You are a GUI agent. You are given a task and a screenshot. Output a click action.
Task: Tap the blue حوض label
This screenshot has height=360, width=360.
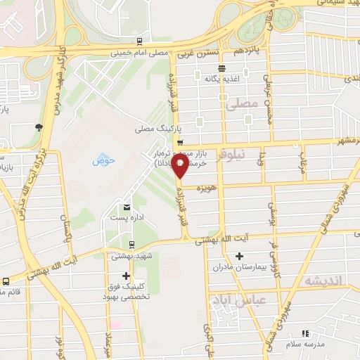[x=104, y=161]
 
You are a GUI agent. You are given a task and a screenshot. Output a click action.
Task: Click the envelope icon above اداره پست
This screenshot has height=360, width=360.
[x=127, y=207]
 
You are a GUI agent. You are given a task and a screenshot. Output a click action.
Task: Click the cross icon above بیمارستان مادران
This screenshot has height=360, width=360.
[x=239, y=255]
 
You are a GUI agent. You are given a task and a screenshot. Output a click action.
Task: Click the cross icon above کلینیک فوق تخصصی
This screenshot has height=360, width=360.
[x=127, y=275]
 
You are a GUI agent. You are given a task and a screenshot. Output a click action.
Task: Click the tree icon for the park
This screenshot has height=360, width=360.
[x=38, y=127]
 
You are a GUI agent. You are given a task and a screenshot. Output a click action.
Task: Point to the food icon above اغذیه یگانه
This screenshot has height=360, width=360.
[x=222, y=68]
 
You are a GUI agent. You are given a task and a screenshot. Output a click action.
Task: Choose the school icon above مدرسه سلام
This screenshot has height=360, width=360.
[x=305, y=334]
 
